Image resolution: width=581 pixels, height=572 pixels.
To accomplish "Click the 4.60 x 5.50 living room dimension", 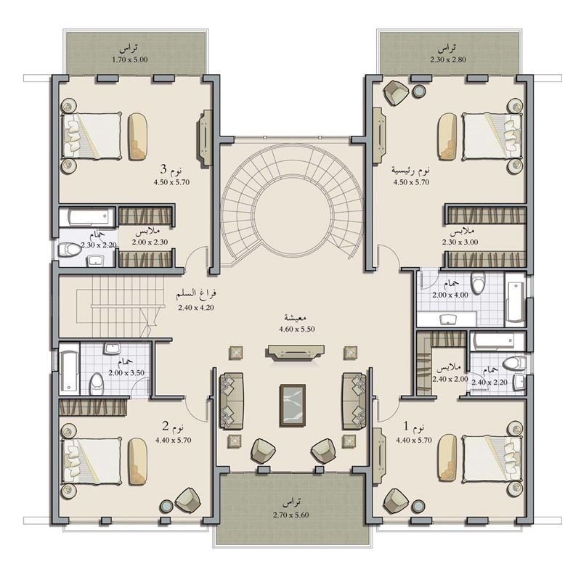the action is (x=297, y=329).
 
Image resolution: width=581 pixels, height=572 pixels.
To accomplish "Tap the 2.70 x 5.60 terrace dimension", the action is (x=291, y=515).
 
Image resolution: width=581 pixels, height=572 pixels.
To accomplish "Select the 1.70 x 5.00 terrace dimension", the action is (x=130, y=60).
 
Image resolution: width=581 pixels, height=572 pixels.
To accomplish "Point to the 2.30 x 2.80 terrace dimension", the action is (x=448, y=60).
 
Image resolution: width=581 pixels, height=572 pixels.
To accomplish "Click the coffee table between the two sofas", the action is (x=293, y=405).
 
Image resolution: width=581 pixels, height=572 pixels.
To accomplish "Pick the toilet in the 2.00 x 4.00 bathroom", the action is (x=479, y=282).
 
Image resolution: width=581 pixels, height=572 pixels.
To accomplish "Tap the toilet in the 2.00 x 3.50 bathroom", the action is (x=97, y=383).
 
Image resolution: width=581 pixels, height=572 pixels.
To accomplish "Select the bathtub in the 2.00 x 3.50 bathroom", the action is (x=69, y=369).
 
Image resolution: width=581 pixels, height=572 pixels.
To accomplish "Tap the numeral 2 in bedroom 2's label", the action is (x=166, y=426).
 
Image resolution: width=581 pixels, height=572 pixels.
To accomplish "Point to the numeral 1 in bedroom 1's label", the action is (x=406, y=426).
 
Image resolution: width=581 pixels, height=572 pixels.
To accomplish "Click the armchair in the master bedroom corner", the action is (x=397, y=93).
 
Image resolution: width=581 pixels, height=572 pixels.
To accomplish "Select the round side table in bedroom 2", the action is (x=166, y=506).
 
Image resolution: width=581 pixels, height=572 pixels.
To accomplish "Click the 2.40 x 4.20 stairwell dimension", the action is (x=196, y=307).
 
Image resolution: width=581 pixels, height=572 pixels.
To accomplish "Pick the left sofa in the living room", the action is (x=232, y=401).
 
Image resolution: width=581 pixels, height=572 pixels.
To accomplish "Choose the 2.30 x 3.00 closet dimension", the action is (x=460, y=242).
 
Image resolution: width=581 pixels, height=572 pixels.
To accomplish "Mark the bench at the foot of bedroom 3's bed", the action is (x=137, y=136).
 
